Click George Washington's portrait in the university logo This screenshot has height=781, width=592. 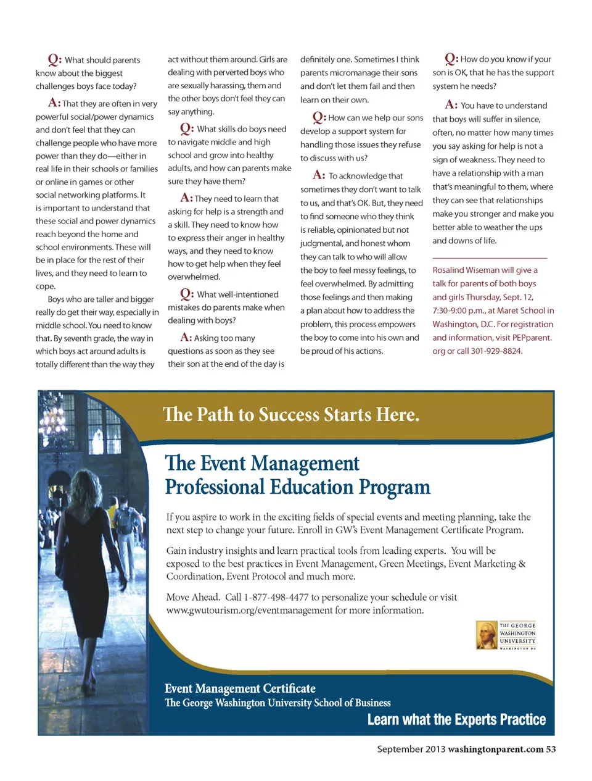pos(487,635)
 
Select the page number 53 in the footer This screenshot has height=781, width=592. pos(551,749)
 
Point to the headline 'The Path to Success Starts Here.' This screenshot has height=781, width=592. pos(291,414)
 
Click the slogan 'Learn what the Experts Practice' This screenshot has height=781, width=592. pos(456,719)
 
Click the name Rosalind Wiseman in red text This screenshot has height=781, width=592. pos(465,270)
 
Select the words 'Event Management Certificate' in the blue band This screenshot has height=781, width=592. pos(240,688)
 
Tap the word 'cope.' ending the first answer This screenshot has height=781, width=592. pos(46,286)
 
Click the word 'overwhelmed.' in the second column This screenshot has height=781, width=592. pos(194,277)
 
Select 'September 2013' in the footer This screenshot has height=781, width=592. pos(411,749)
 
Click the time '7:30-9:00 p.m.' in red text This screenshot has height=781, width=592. pos(459,311)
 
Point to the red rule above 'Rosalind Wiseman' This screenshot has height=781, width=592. pos(490,257)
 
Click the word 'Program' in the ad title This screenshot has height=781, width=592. pos(395,487)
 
